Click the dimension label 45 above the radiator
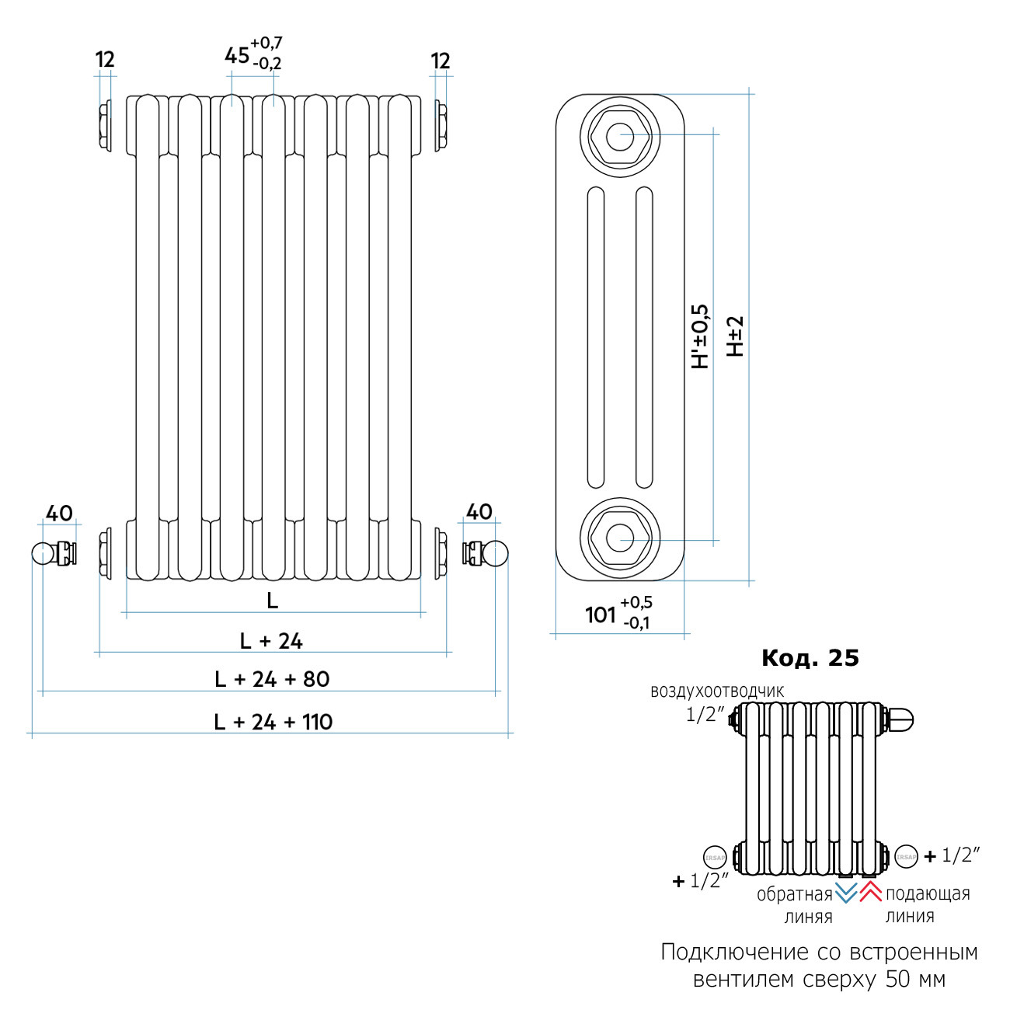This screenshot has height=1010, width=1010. pyautogui.click(x=237, y=56)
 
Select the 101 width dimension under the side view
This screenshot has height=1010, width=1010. pyautogui.click(x=600, y=615)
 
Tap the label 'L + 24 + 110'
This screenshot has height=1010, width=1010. pyautogui.click(x=273, y=722)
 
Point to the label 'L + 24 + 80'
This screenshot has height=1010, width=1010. pyautogui.click(x=272, y=679)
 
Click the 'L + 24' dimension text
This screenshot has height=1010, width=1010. pyautogui.click(x=271, y=641)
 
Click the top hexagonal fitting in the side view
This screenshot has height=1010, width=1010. pyautogui.click(x=619, y=138)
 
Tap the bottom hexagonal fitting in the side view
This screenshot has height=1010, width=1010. pyautogui.click(x=619, y=537)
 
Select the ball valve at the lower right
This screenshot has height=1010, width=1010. pyautogui.click(x=486, y=553)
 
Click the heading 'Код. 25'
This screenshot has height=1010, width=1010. pyautogui.click(x=810, y=658)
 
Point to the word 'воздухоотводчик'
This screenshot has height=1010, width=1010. pyautogui.click(x=717, y=691)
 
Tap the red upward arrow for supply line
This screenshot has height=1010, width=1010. pyautogui.click(x=870, y=892)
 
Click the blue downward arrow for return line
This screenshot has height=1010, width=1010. pyautogui.click(x=845, y=892)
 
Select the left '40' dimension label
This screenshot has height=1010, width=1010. pyautogui.click(x=59, y=514)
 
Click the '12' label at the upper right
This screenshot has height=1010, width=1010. pyautogui.click(x=440, y=61)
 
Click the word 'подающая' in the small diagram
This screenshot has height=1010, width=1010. pyautogui.click(x=928, y=894)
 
